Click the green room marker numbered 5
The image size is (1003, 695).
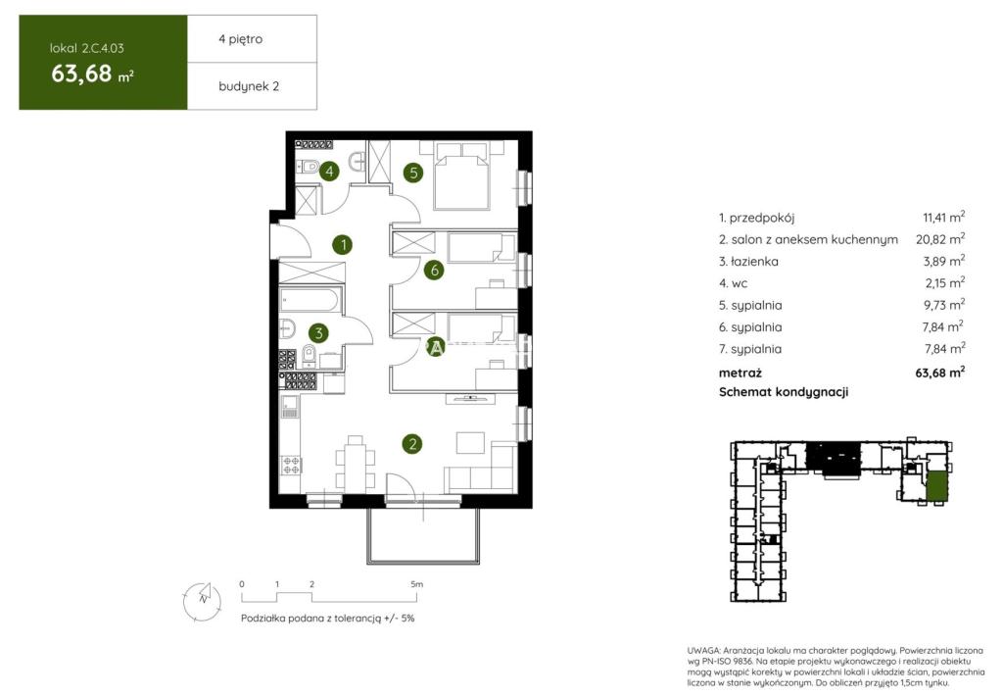pos(413,173)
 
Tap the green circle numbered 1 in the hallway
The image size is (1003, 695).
pos(344,244)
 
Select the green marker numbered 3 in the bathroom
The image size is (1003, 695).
pos(318,332)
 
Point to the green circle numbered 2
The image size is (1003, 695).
pos(412,443)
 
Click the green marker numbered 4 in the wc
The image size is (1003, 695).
pos(329,171)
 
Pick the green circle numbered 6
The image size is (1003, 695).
pos(434,271)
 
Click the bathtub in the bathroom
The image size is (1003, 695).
pos(310,300)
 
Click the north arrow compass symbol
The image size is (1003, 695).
pos(202,601)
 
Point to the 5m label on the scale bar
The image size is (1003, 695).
pos(416,584)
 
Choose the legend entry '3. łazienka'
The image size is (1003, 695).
pos(748,261)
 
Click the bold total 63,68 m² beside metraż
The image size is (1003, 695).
pos(940,372)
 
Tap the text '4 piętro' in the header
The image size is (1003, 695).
pos(241,39)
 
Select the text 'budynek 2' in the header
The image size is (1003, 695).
pos(249,86)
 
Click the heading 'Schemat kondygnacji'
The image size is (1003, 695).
pos(784,392)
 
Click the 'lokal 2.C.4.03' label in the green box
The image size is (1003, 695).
pos(87,48)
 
